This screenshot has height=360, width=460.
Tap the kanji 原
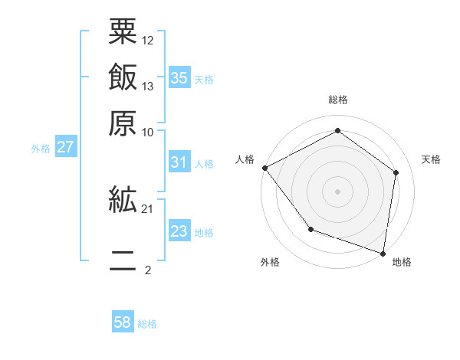123,121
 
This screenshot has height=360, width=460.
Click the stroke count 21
148,208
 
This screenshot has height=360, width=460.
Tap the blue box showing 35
179,77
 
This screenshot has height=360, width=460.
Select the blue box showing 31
179,162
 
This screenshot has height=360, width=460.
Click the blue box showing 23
179,231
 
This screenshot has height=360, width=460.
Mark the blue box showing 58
122,323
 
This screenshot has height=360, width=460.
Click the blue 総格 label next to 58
147,324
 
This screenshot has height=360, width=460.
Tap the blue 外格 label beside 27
41,148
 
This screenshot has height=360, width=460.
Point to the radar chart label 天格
432,159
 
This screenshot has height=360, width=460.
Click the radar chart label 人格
245,159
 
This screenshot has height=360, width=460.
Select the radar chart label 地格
402,262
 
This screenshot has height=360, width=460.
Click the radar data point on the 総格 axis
337,131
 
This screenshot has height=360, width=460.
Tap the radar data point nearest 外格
310,228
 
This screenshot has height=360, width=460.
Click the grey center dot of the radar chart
337,191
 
